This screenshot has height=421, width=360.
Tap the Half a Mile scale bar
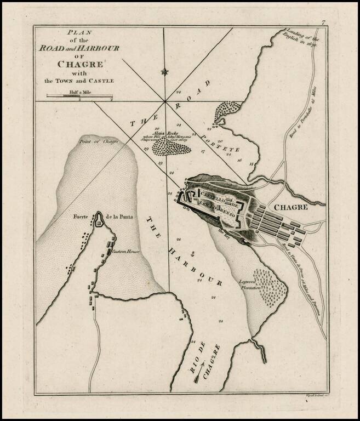[79, 97]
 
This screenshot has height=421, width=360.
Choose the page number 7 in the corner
[324, 22]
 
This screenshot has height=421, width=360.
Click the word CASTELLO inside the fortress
[212, 194]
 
